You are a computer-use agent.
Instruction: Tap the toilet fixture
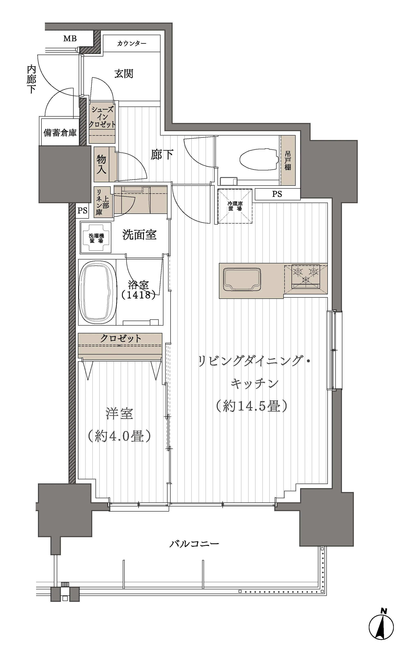(260, 159)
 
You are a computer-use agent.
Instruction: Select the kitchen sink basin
(242, 279)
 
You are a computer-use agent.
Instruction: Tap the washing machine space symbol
(96, 238)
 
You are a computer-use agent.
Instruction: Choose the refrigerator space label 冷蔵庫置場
(235, 206)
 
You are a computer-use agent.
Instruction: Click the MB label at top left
(70, 39)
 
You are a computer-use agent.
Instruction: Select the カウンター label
(132, 43)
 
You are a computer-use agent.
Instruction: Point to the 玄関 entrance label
(124, 73)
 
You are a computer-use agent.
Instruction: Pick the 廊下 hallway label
(162, 155)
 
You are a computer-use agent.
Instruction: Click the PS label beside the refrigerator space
(277, 194)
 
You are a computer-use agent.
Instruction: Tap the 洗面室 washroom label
(139, 235)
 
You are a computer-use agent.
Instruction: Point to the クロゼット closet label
(121, 338)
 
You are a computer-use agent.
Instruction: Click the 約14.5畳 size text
(251, 406)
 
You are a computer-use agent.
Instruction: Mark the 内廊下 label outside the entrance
(31, 79)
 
